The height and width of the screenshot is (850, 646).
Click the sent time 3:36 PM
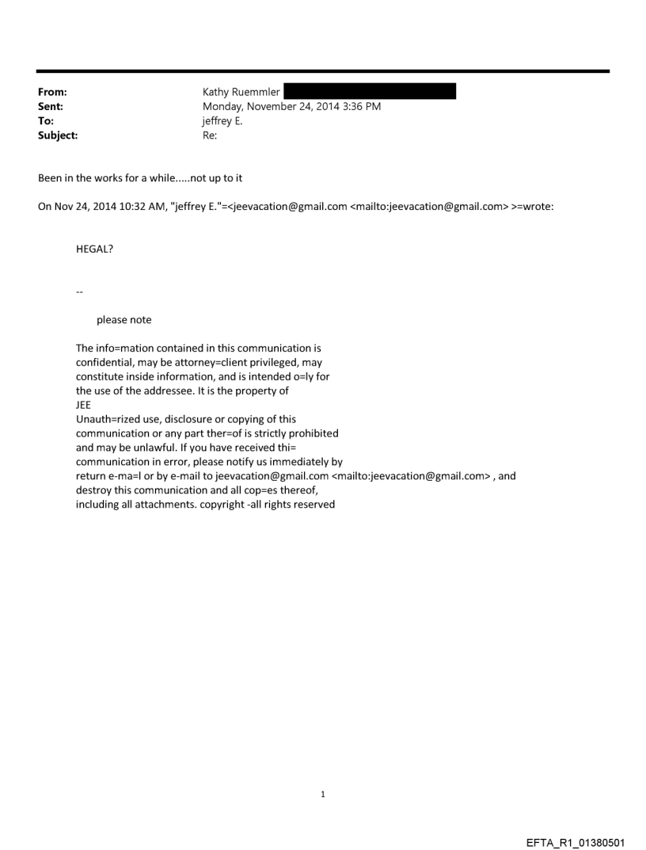[361, 106]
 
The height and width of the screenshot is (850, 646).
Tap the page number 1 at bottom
[323, 794]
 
